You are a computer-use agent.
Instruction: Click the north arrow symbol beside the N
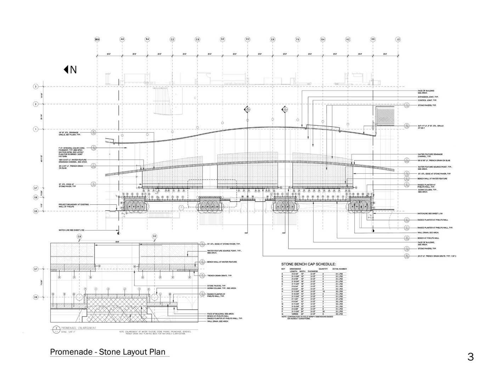(66, 70)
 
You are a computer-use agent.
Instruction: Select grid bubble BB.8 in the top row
(97, 39)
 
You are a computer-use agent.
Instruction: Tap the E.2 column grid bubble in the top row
(248, 39)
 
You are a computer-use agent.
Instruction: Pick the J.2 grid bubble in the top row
(398, 39)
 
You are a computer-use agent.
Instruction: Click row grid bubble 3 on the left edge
(35, 86)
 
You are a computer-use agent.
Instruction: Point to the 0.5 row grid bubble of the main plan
(35, 211)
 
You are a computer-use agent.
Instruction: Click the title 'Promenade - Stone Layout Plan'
(108, 352)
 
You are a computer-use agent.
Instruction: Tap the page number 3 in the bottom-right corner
(470, 356)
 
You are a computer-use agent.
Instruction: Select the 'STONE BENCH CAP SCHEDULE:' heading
(308, 264)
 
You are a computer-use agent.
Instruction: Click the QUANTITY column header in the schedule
(323, 269)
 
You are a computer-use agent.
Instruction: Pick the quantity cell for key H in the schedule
(323, 291)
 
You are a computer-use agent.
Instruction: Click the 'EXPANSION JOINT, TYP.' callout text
(428, 97)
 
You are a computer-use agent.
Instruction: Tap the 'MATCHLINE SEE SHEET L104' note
(430, 214)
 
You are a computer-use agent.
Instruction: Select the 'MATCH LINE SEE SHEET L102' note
(72, 230)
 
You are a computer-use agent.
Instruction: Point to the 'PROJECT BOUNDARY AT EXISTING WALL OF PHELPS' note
(74, 205)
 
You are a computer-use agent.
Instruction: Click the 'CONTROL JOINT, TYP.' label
(427, 100)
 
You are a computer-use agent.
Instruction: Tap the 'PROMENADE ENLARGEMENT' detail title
(78, 328)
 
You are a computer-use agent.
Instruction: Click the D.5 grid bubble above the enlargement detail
(154, 236)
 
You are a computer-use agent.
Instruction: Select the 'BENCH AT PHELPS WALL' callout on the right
(428, 238)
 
